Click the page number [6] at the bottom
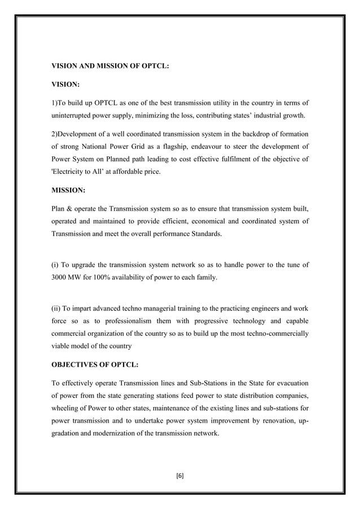pyautogui.click(x=180, y=476)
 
